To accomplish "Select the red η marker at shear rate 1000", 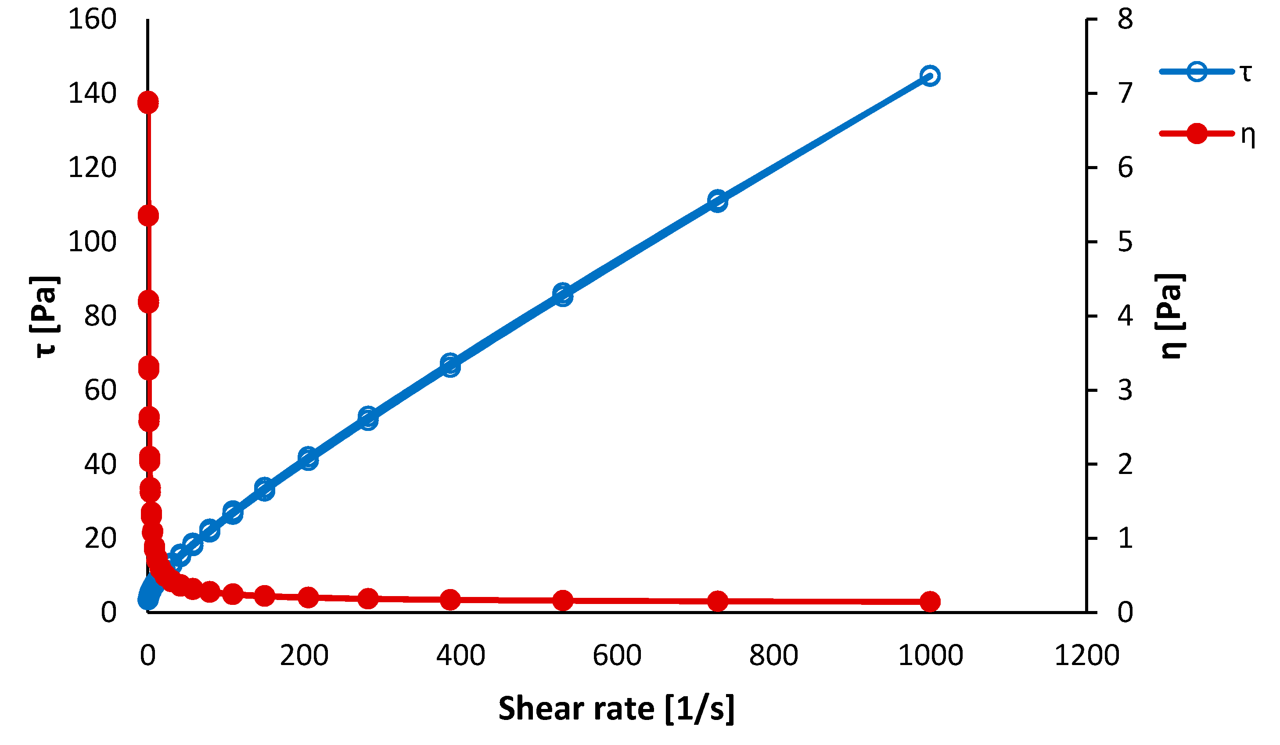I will [x=930, y=602].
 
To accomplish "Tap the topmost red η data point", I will [x=148, y=103].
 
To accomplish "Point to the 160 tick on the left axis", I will [x=93, y=20].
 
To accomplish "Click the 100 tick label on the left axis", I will [x=93, y=242].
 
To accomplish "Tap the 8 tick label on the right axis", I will [x=1125, y=20].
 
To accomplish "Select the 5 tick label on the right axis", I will [x=1125, y=242].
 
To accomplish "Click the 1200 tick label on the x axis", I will [x=1087, y=655].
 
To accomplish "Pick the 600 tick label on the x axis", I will [x=617, y=655].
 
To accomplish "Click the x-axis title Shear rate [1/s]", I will [x=616, y=709].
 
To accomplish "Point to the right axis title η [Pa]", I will [x=1170, y=316].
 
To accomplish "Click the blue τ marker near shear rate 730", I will [x=717, y=201].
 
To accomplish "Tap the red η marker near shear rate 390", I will [x=450, y=600].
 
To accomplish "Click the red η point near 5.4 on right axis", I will [x=148, y=216].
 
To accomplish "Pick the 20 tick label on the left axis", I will [x=101, y=539].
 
